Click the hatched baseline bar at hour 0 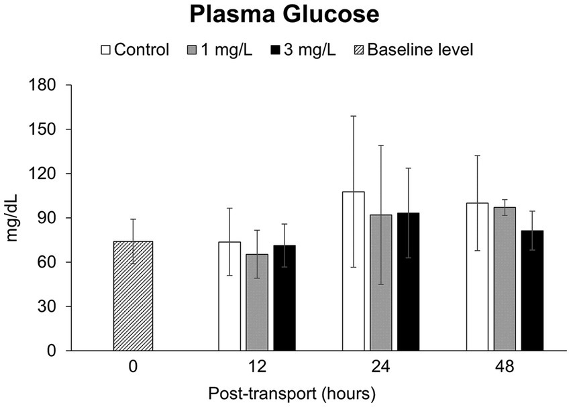coord(134,296)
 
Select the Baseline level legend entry coord(414,50)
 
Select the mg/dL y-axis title coord(13,218)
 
